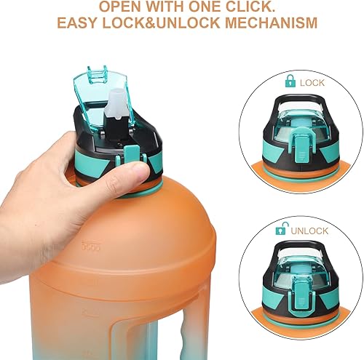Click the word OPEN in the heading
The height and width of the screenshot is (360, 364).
pos(122,8)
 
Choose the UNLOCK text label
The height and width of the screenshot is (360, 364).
pos(312,231)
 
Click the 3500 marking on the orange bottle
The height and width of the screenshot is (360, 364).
pos(90,247)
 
